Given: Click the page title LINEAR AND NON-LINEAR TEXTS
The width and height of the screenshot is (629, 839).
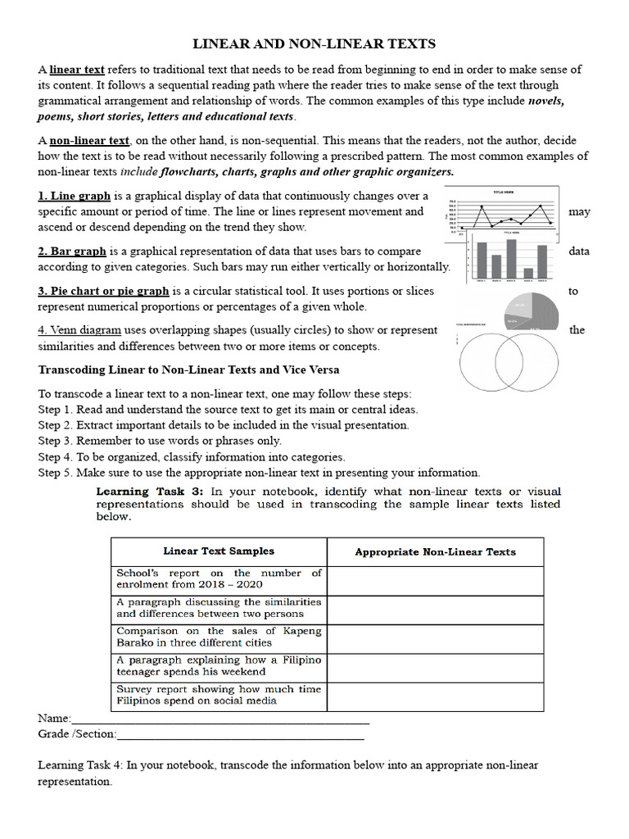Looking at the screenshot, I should [x=314, y=43].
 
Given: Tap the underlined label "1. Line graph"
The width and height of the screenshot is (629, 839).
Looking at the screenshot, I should [x=74, y=196].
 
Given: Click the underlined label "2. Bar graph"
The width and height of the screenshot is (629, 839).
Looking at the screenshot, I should [x=72, y=252].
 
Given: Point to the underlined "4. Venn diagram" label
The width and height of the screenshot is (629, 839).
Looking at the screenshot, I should [x=79, y=330].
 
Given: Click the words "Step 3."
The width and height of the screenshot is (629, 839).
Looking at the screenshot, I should [x=56, y=441].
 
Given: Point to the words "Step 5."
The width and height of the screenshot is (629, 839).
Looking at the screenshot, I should [x=56, y=473].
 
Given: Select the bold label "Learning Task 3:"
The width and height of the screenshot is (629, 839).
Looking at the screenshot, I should [x=151, y=492].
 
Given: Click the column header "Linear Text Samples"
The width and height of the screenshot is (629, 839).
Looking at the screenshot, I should [x=219, y=551].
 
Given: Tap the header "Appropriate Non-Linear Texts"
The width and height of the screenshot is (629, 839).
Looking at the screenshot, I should [x=435, y=552].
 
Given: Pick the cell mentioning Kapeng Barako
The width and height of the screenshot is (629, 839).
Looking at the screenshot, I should [x=219, y=637].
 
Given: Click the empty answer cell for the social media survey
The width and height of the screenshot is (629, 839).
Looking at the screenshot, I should [x=435, y=696].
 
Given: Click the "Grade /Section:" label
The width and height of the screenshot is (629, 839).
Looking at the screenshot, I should [x=77, y=734].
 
